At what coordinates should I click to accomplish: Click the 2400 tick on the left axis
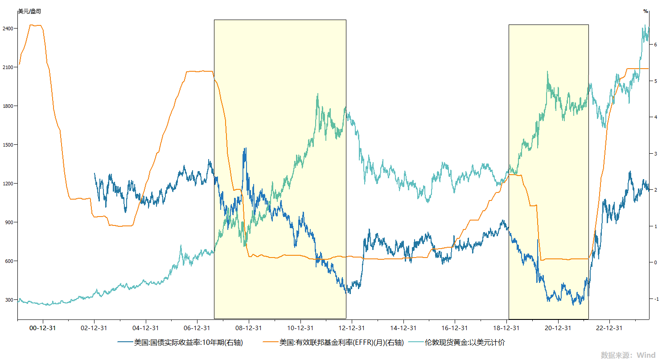(9, 29)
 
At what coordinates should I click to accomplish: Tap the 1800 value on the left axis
(9, 106)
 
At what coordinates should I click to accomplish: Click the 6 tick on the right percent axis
(655, 45)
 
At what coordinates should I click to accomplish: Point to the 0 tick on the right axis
(655, 262)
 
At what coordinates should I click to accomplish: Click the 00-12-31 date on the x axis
(43, 328)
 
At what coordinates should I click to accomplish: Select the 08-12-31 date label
(249, 328)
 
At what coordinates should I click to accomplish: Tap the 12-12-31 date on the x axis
(352, 328)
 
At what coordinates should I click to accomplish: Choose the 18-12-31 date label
(506, 328)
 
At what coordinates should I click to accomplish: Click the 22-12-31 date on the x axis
(609, 328)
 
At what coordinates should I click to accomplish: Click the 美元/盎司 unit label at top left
(29, 11)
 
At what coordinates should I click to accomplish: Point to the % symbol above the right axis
(645, 11)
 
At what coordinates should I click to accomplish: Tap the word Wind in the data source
(645, 355)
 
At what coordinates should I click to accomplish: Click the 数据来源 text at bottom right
(615, 355)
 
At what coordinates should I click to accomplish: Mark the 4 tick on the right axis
(655, 117)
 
